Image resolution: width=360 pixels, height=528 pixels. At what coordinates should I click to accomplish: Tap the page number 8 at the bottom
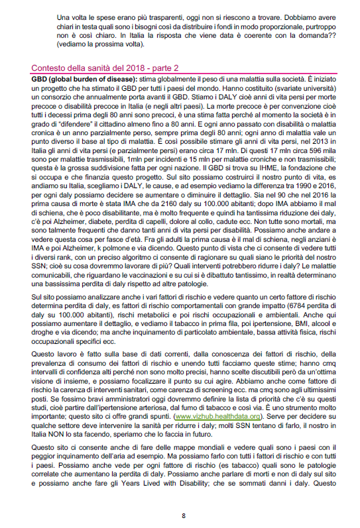click(183, 515)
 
